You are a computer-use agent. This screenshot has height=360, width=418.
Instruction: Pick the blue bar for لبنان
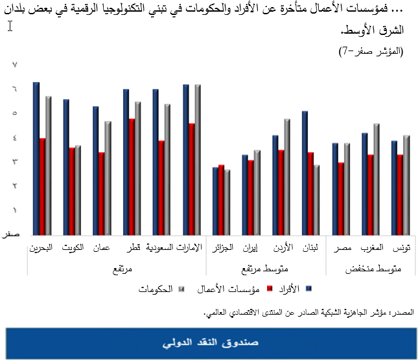[x=305, y=172]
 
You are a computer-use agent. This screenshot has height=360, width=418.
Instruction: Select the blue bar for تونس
[x=394, y=187]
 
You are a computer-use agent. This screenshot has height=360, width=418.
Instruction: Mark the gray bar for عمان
[x=108, y=177]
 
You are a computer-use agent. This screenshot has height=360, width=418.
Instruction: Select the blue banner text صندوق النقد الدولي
[x=209, y=341]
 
